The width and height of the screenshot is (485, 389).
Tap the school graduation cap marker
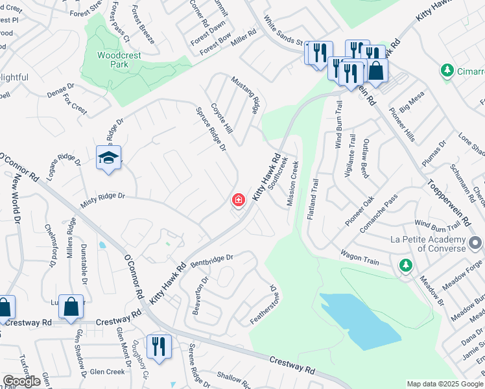108,158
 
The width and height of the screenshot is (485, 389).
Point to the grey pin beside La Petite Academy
475,244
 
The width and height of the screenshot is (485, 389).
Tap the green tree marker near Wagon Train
405,265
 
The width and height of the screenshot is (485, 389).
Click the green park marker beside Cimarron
446,70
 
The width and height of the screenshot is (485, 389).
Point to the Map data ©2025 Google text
444,384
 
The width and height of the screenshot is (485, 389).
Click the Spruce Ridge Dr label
211,129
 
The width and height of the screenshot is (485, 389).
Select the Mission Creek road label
292,183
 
